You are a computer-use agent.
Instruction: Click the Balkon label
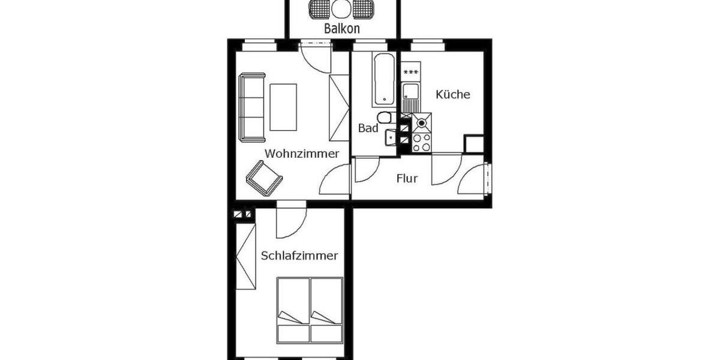[x=342, y=28]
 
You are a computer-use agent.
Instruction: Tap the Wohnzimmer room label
[x=302, y=154]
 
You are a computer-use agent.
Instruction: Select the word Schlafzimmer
[x=299, y=256]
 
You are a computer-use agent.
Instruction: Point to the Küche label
[x=453, y=94]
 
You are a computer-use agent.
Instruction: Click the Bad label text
[x=368, y=128]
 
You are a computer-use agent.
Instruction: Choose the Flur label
[x=407, y=178]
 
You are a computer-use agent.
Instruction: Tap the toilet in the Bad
[x=384, y=117]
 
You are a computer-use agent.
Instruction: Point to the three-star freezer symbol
[x=411, y=73]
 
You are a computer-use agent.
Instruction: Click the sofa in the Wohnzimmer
[x=252, y=107]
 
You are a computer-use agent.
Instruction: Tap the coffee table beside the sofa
[x=283, y=107]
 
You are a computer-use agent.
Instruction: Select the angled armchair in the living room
[x=264, y=178]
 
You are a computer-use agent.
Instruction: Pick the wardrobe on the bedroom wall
[x=245, y=256]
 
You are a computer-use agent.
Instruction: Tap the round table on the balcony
[x=341, y=8]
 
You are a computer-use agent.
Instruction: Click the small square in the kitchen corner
[x=474, y=145]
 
